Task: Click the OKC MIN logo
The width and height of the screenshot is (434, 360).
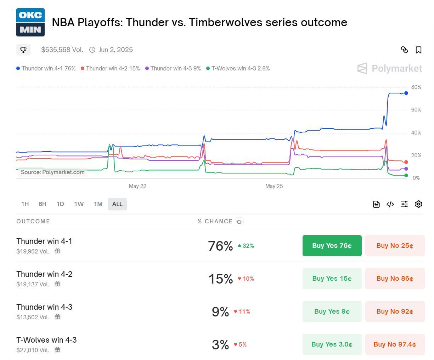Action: pyautogui.click(x=30, y=22)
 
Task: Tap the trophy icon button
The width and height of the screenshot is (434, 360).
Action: pyautogui.click(x=23, y=50)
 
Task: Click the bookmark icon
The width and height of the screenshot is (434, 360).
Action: pyautogui.click(x=418, y=50)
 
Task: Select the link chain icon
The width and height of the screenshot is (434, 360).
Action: pyautogui.click(x=404, y=50)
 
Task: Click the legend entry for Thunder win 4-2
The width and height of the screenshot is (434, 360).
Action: pyautogui.click(x=110, y=69)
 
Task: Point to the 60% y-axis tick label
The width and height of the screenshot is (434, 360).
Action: pyautogui.click(x=416, y=110)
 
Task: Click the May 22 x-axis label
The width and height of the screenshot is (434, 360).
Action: pyautogui.click(x=137, y=186)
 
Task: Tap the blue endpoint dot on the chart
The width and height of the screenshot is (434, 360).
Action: pyautogui.click(x=406, y=93)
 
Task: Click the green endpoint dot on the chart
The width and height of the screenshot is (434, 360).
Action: pyautogui.click(x=406, y=176)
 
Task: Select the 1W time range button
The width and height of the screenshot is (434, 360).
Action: pyautogui.click(x=79, y=204)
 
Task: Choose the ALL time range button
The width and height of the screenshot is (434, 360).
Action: pyautogui.click(x=117, y=204)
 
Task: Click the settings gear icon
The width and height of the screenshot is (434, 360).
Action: pyautogui.click(x=418, y=204)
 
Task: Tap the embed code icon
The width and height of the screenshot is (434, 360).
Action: pyautogui.click(x=390, y=204)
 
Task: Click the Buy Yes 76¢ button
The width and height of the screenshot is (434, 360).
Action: pyautogui.click(x=332, y=246)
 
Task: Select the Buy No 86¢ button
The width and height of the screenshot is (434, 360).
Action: pyautogui.click(x=395, y=279)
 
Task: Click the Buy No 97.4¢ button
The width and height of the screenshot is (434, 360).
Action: pyautogui.click(x=395, y=344)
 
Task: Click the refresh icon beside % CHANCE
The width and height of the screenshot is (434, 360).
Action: pyautogui.click(x=239, y=222)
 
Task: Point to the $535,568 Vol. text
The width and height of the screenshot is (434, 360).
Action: pyautogui.click(x=62, y=50)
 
